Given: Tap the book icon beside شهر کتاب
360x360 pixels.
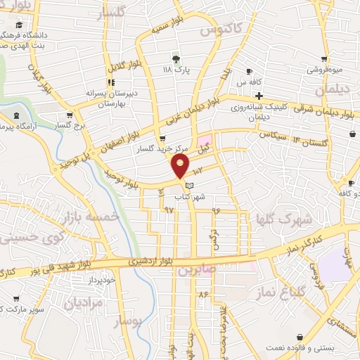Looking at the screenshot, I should (x=189, y=186).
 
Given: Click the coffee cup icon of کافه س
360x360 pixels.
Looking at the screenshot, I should (x=249, y=71).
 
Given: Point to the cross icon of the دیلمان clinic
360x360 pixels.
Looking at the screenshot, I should (x=259, y=96).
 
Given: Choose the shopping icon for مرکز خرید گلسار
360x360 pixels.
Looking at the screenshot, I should (x=163, y=139).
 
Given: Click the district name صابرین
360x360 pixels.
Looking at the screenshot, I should (x=194, y=269).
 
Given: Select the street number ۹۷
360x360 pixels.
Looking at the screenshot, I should (x=168, y=209).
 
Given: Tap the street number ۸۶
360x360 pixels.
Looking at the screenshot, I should (x=203, y=292).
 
